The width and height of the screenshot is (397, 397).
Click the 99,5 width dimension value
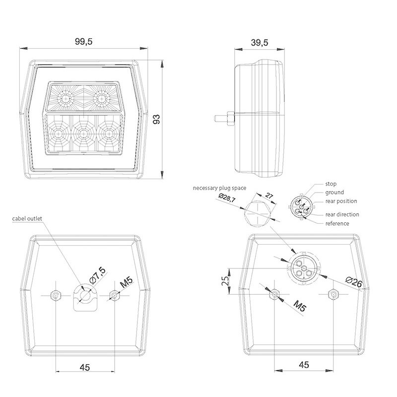(84, 42)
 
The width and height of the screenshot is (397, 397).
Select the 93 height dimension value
(157, 119)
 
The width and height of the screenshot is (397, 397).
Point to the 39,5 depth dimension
(260, 43)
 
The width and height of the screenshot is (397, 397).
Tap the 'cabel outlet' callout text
(27, 218)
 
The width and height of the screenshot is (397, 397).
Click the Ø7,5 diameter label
(97, 275)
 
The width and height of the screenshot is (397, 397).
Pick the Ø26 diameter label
(354, 282)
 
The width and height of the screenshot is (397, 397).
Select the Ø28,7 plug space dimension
(227, 198)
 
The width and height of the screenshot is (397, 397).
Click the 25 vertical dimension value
(225, 281)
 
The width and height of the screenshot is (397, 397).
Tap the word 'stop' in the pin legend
(331, 184)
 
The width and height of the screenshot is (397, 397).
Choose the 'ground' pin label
(334, 193)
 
